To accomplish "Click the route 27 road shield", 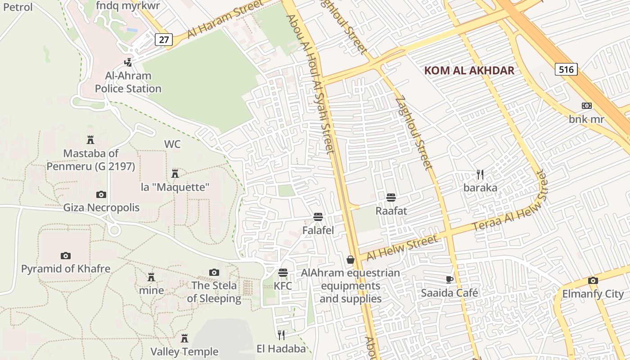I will (x=164, y=39).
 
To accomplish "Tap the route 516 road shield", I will (x=566, y=69).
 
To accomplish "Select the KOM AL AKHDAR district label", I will (x=469, y=71).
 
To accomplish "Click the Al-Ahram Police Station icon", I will (x=129, y=62).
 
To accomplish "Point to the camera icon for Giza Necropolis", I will (x=101, y=194).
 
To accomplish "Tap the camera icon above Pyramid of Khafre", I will (x=66, y=256).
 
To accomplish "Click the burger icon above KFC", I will (x=283, y=273).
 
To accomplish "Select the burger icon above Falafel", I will (x=318, y=217).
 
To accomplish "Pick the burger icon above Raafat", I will (x=391, y=197).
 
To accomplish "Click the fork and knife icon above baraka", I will (x=480, y=174).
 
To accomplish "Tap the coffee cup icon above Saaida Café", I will (x=449, y=279).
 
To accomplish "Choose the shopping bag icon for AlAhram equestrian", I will (x=351, y=260).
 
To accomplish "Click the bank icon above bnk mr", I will (x=586, y=106).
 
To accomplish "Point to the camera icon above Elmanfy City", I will (x=593, y=281).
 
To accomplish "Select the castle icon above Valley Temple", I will (x=184, y=338).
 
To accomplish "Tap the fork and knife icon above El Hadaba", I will (x=281, y=335).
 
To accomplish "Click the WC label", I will (x=172, y=144).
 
